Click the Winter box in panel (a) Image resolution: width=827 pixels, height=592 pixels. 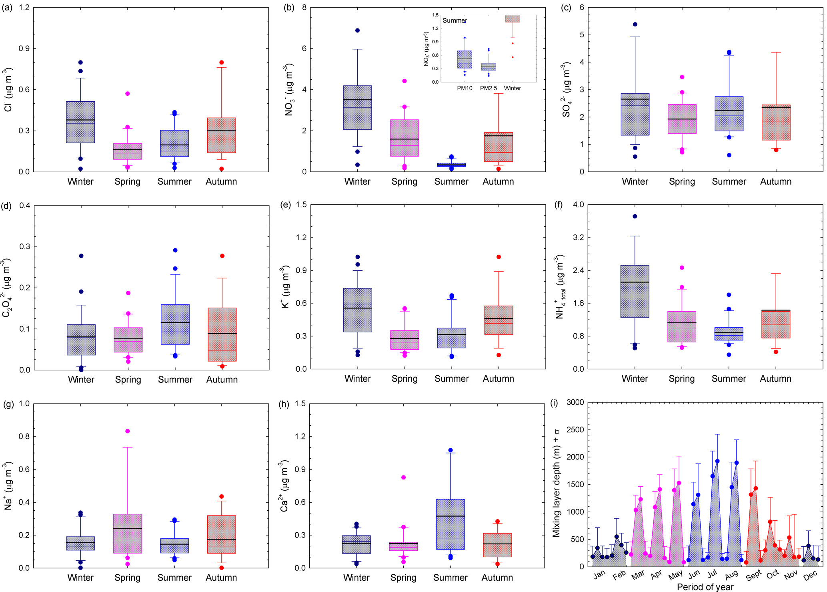click(x=80, y=122)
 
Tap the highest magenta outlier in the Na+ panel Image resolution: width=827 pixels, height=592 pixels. click(x=128, y=431)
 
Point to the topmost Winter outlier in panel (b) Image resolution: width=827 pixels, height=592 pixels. click(x=357, y=30)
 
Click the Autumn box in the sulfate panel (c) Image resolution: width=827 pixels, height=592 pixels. click(x=776, y=122)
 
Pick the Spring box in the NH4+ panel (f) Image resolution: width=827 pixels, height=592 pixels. click(x=682, y=326)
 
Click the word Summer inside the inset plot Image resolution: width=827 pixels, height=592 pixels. click(x=455, y=21)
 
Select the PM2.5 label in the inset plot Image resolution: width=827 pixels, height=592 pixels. click(x=489, y=89)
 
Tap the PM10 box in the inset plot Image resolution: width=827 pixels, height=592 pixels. click(x=465, y=60)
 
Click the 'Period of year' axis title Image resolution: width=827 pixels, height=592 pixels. click(x=705, y=587)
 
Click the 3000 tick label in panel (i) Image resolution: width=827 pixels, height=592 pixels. click(x=575, y=403)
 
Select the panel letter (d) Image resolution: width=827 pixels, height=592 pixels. click(x=6, y=206)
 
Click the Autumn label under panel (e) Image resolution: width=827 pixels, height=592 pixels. click(x=498, y=379)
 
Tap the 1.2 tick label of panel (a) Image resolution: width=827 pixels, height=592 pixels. click(x=24, y=8)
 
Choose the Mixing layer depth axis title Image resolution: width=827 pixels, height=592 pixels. click(x=557, y=483)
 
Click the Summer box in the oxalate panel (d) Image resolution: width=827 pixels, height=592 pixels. click(x=175, y=324)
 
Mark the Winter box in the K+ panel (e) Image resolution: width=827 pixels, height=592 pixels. click(x=358, y=310)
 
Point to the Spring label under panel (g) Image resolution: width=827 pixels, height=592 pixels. click(x=127, y=578)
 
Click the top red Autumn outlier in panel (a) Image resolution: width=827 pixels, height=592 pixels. click(x=222, y=62)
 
